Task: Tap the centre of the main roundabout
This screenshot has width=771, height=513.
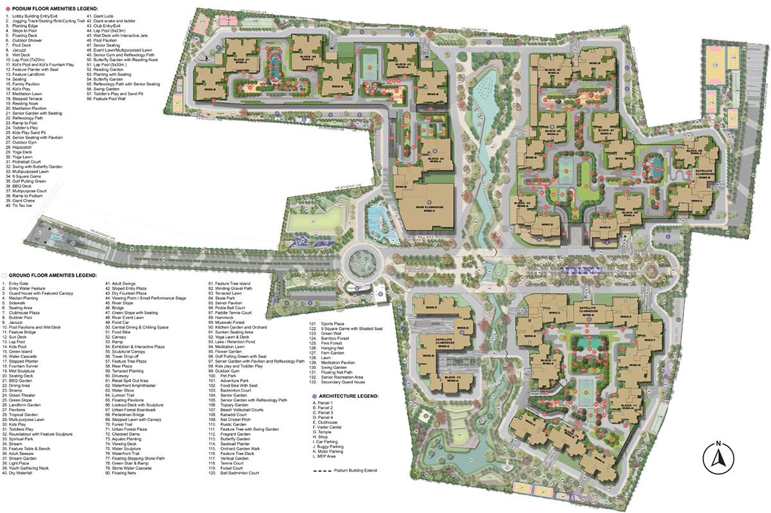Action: click(361, 261)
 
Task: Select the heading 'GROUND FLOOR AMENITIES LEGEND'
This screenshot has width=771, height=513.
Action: click(46, 274)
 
